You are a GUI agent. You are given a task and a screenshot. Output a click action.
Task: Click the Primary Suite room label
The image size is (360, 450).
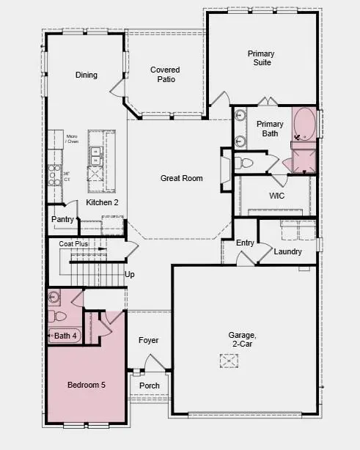(x=260, y=58)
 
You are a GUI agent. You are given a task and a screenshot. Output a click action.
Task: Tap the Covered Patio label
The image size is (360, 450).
(x=165, y=75)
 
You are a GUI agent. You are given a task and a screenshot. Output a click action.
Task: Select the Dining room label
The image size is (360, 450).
(x=86, y=75)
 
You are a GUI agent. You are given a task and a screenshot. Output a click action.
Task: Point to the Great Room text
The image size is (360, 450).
(x=182, y=178)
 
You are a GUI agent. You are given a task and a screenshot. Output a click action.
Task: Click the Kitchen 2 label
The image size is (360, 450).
(x=102, y=202)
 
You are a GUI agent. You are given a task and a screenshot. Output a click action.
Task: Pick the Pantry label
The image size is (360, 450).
(x=62, y=219)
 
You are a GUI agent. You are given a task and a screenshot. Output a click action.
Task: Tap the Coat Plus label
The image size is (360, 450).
(x=73, y=243)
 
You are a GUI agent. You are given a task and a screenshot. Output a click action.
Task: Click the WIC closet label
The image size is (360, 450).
(x=277, y=196)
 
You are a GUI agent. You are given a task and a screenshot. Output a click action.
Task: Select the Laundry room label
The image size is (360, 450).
(x=288, y=251)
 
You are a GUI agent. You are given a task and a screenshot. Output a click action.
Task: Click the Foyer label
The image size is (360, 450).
(x=148, y=340)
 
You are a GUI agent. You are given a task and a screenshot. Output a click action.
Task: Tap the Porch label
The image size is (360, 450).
(x=150, y=386)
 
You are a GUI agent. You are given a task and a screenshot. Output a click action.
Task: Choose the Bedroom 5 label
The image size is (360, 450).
(x=87, y=385)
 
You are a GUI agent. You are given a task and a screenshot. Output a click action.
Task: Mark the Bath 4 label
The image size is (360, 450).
(x=66, y=336)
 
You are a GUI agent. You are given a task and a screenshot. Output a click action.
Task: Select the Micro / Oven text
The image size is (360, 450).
(x=72, y=139)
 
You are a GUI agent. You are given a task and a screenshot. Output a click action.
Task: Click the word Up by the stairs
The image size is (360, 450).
(x=130, y=275)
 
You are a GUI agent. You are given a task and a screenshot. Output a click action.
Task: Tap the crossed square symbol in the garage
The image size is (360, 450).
(x=229, y=361)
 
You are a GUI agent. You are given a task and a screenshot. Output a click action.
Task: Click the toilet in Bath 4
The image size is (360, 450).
(x=59, y=317)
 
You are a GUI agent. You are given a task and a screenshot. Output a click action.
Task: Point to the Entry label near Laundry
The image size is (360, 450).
(x=245, y=243)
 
